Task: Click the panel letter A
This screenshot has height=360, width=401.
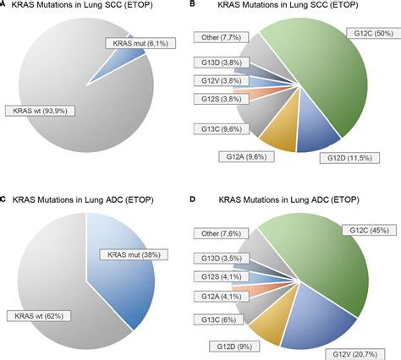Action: [x=4, y=6]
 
